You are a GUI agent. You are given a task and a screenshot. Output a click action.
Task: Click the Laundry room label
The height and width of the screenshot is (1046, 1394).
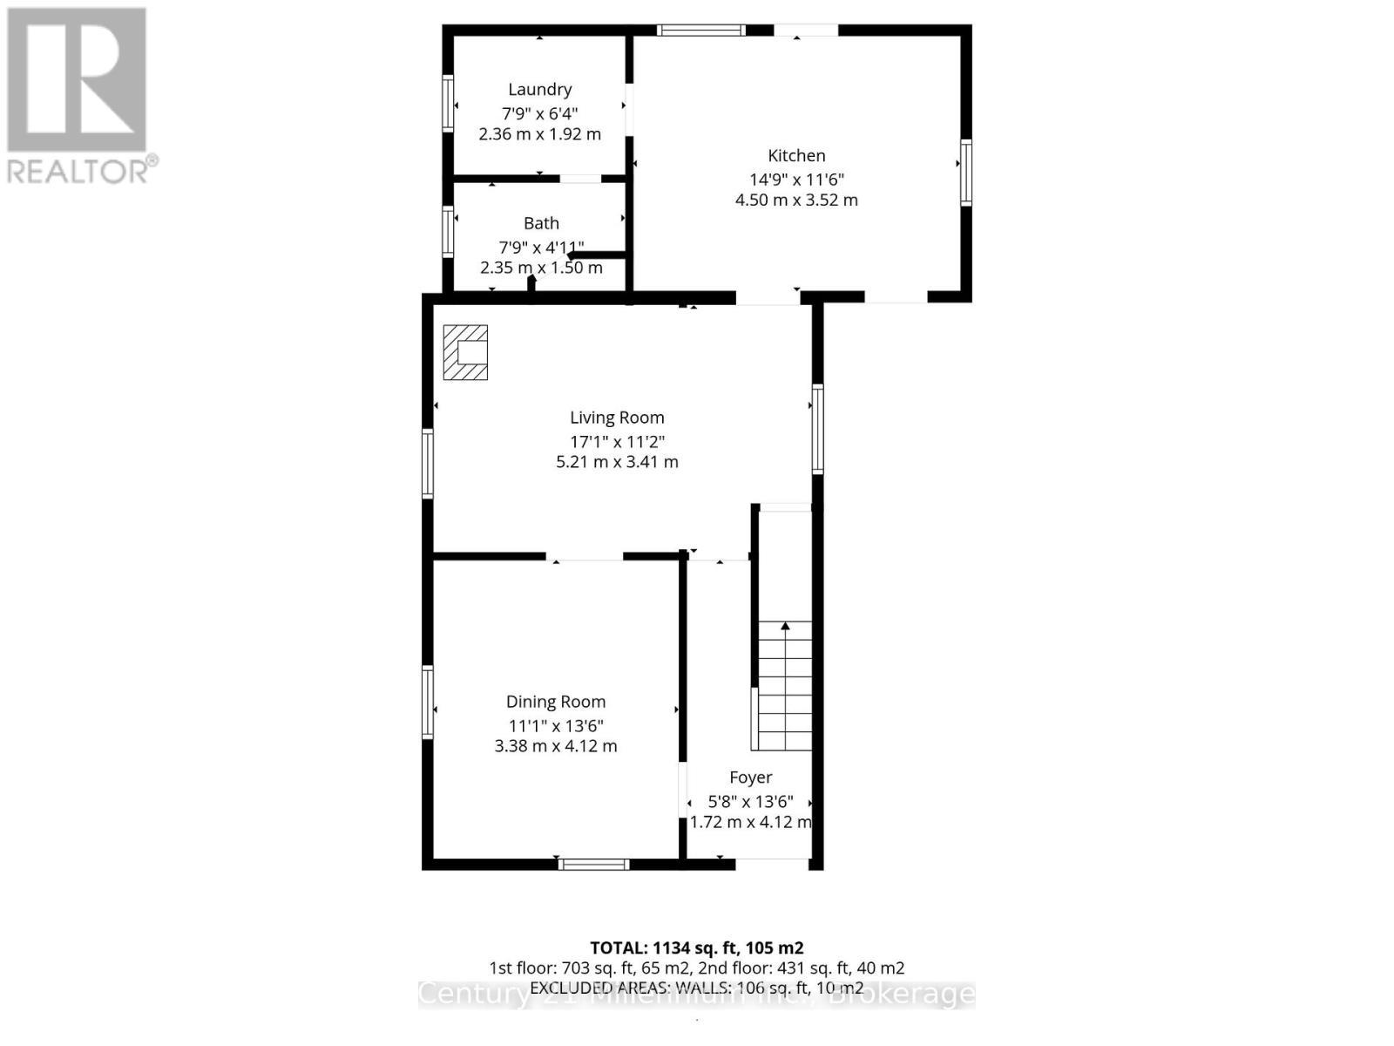coord(539,90)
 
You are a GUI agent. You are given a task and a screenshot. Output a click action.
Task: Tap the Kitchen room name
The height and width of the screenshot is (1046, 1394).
coord(796,156)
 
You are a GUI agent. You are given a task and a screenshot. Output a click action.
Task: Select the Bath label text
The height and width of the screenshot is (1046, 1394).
coord(541,224)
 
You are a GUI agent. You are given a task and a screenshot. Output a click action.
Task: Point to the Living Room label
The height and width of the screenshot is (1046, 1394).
coord(617,418)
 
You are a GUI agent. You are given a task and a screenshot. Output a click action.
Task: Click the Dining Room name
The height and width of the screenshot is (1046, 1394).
coord(556,702)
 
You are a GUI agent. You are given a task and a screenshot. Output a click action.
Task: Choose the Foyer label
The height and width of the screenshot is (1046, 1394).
coord(750,778)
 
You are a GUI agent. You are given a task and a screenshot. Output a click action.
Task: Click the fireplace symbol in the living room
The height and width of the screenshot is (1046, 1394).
coord(465,352)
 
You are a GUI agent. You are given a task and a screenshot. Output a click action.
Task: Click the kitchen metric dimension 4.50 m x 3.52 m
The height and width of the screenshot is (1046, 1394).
coord(796,200)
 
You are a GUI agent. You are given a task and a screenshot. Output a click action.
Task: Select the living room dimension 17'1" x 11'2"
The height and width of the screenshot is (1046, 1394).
coord(617,442)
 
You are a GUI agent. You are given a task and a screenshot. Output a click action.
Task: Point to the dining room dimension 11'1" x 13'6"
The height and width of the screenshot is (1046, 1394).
coord(556,725)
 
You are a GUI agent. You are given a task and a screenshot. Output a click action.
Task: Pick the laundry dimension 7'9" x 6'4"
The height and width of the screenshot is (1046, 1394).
coord(539,113)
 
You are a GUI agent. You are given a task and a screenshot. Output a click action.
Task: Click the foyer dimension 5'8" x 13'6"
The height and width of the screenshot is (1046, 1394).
coord(750,801)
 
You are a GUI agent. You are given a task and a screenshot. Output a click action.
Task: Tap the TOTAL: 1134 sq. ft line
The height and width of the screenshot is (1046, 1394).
coord(696,948)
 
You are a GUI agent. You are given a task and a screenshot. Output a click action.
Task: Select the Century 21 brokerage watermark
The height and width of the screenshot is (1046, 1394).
coord(696,995)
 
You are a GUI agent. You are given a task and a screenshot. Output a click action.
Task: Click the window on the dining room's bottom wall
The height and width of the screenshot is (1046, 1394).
coord(593,865)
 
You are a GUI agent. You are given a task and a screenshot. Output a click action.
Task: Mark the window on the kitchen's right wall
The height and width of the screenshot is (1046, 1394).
coord(965,173)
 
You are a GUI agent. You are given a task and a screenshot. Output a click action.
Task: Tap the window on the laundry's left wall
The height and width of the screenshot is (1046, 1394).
coord(448,104)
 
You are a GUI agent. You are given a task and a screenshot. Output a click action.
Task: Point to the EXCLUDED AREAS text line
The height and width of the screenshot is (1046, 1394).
coord(696,988)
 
